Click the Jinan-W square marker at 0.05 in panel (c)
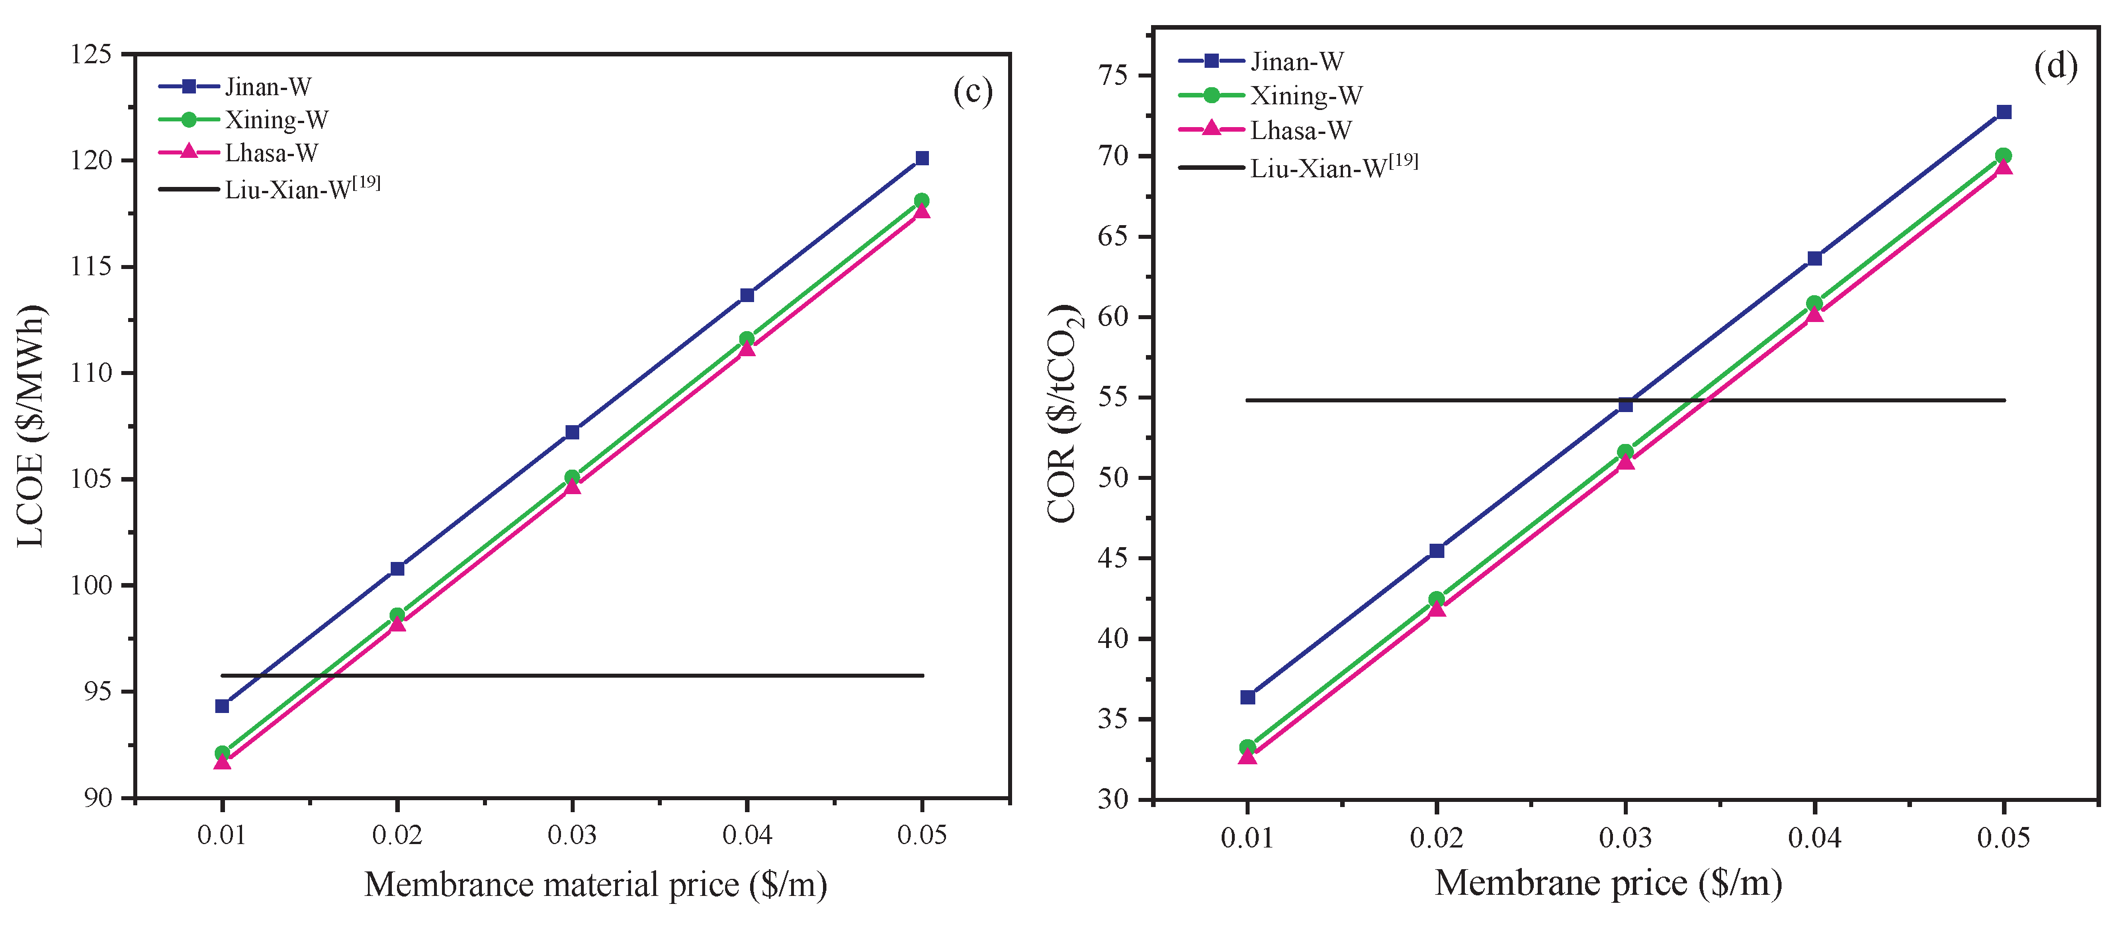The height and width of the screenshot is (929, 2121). [x=922, y=158]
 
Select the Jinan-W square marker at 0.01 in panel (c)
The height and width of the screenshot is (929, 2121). [x=222, y=706]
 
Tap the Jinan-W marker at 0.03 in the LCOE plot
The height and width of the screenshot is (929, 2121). [x=572, y=433]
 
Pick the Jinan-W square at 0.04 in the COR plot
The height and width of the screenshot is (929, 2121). [x=1814, y=259]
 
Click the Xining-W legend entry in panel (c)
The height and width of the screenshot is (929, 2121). [x=276, y=120]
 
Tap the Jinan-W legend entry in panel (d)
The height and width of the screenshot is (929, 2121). [x=1297, y=62]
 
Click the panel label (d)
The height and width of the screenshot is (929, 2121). [x=2055, y=66]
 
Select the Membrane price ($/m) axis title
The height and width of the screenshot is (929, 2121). [x=1607, y=883]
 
